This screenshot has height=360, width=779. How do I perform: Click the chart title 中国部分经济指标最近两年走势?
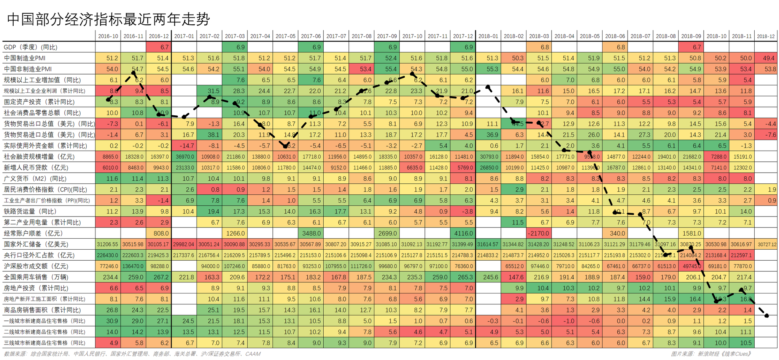[108, 19]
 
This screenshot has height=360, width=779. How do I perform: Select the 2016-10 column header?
[108, 36]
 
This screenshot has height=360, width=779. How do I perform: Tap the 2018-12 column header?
[765, 36]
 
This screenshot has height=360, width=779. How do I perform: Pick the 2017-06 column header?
[311, 36]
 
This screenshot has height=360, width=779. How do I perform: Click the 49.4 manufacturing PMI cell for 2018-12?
[766, 58]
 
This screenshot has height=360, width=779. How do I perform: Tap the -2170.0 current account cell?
[539, 233]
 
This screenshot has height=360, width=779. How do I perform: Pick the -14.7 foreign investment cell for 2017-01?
[184, 146]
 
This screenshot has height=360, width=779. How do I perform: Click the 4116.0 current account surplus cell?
[463, 233]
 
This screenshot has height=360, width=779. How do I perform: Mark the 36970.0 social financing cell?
[184, 157]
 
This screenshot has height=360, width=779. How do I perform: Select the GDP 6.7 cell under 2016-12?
[159, 47]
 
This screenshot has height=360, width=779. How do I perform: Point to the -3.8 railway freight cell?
[463, 212]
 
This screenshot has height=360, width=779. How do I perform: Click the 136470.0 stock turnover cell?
[134, 266]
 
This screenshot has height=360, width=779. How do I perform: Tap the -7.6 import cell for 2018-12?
[766, 135]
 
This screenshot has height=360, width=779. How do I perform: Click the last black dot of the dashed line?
[766, 315]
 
